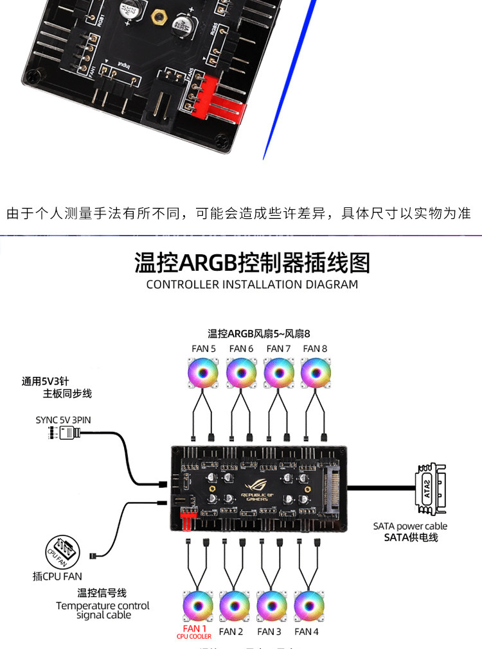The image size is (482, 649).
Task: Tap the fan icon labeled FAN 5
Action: coord(202,372)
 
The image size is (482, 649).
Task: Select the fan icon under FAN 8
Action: coord(315,372)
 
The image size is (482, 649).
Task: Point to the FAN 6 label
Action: coord(240,349)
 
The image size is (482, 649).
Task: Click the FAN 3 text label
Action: coord(269,632)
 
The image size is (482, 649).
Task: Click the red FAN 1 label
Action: coord(195,629)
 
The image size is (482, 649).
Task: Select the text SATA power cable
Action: coord(410,526)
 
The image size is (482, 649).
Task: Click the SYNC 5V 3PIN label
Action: coord(63,420)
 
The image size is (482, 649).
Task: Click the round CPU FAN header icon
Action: coord(62,550)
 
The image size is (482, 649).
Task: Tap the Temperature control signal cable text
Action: coord(103,610)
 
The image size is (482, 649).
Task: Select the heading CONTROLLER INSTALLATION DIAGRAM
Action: coord(252,284)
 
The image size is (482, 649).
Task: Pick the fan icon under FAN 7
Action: coord(278,372)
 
